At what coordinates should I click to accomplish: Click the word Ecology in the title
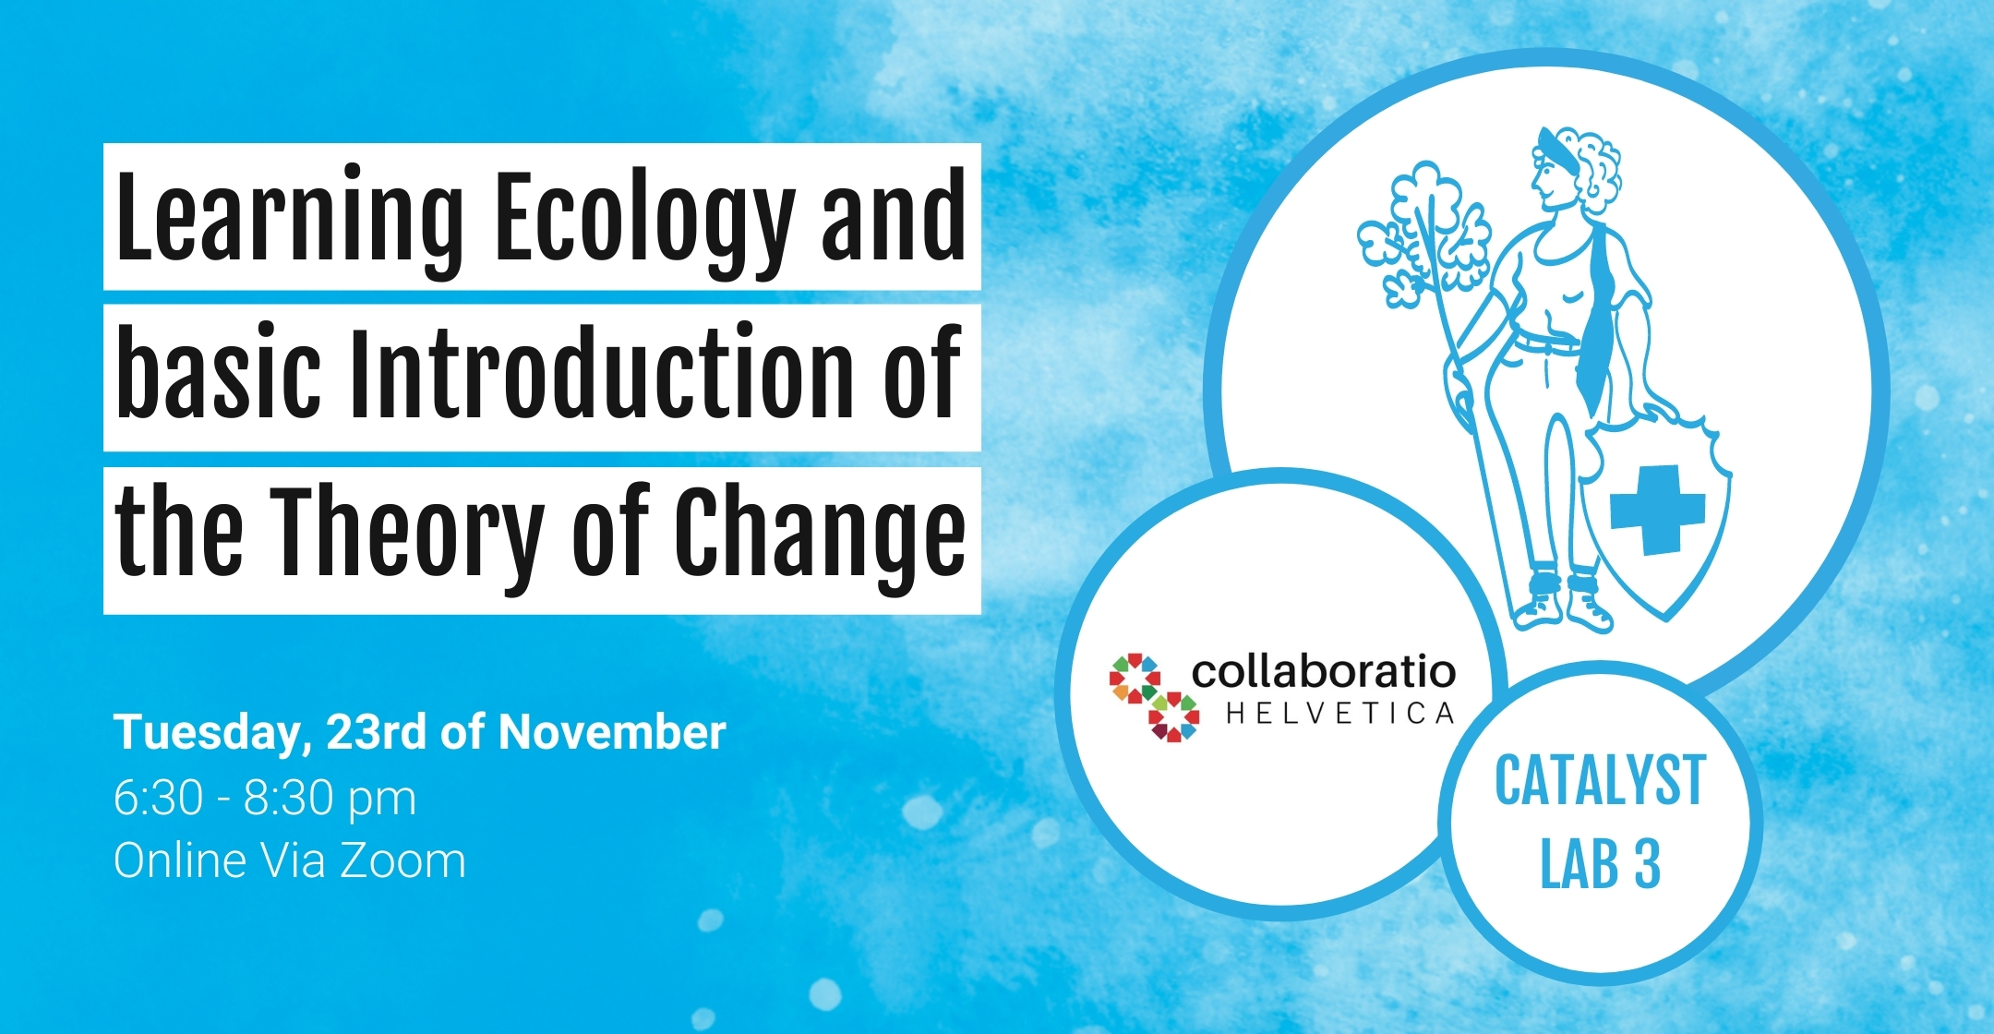(644, 219)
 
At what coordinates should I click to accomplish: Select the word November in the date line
(612, 732)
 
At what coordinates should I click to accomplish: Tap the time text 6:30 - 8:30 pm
(265, 798)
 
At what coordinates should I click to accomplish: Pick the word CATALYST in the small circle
(1600, 781)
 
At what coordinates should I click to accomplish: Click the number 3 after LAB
(1647, 864)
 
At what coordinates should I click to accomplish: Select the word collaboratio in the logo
(1324, 672)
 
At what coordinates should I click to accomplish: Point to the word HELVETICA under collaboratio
(1340, 714)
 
